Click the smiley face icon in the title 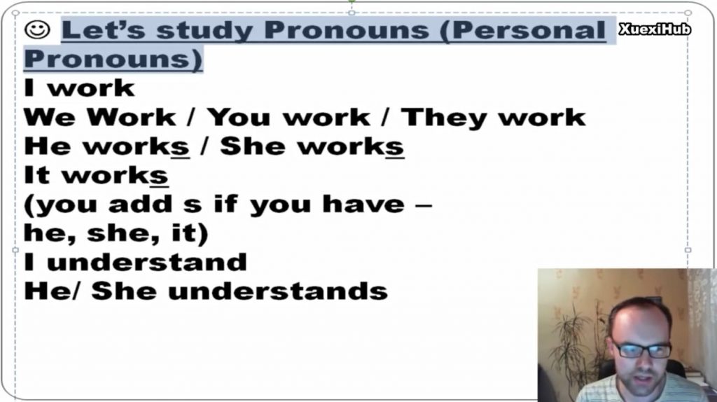37,29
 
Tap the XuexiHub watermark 655,29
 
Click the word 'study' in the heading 205,31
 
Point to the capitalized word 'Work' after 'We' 132,117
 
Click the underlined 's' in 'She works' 395,147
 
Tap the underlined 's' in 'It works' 159,176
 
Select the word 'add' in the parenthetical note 140,204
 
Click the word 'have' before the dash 363,204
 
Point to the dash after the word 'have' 424,205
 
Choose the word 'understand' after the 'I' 147,262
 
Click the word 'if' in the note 226,204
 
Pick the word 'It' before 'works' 36,176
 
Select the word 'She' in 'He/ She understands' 124,291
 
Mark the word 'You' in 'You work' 239,118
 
